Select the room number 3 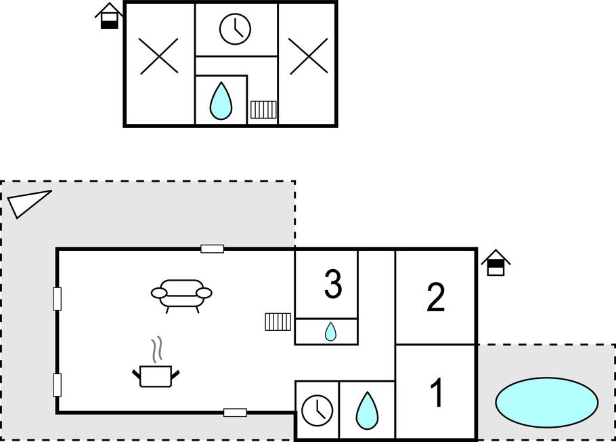coord(332,285)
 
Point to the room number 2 coord(435,297)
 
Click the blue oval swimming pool coord(546,402)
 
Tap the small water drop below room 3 coord(330,331)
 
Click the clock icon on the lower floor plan coord(316,410)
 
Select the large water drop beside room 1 coord(367,410)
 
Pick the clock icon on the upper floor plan coord(235,29)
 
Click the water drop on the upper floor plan coord(221,101)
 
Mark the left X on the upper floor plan coord(159,56)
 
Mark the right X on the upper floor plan coord(308,56)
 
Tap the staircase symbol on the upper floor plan coord(263,110)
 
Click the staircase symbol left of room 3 coord(278,321)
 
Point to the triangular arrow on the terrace coord(27,203)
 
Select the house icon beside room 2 coord(496,263)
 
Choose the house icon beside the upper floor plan coord(108,16)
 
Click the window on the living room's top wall coord(213,249)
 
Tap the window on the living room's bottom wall coord(235,412)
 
